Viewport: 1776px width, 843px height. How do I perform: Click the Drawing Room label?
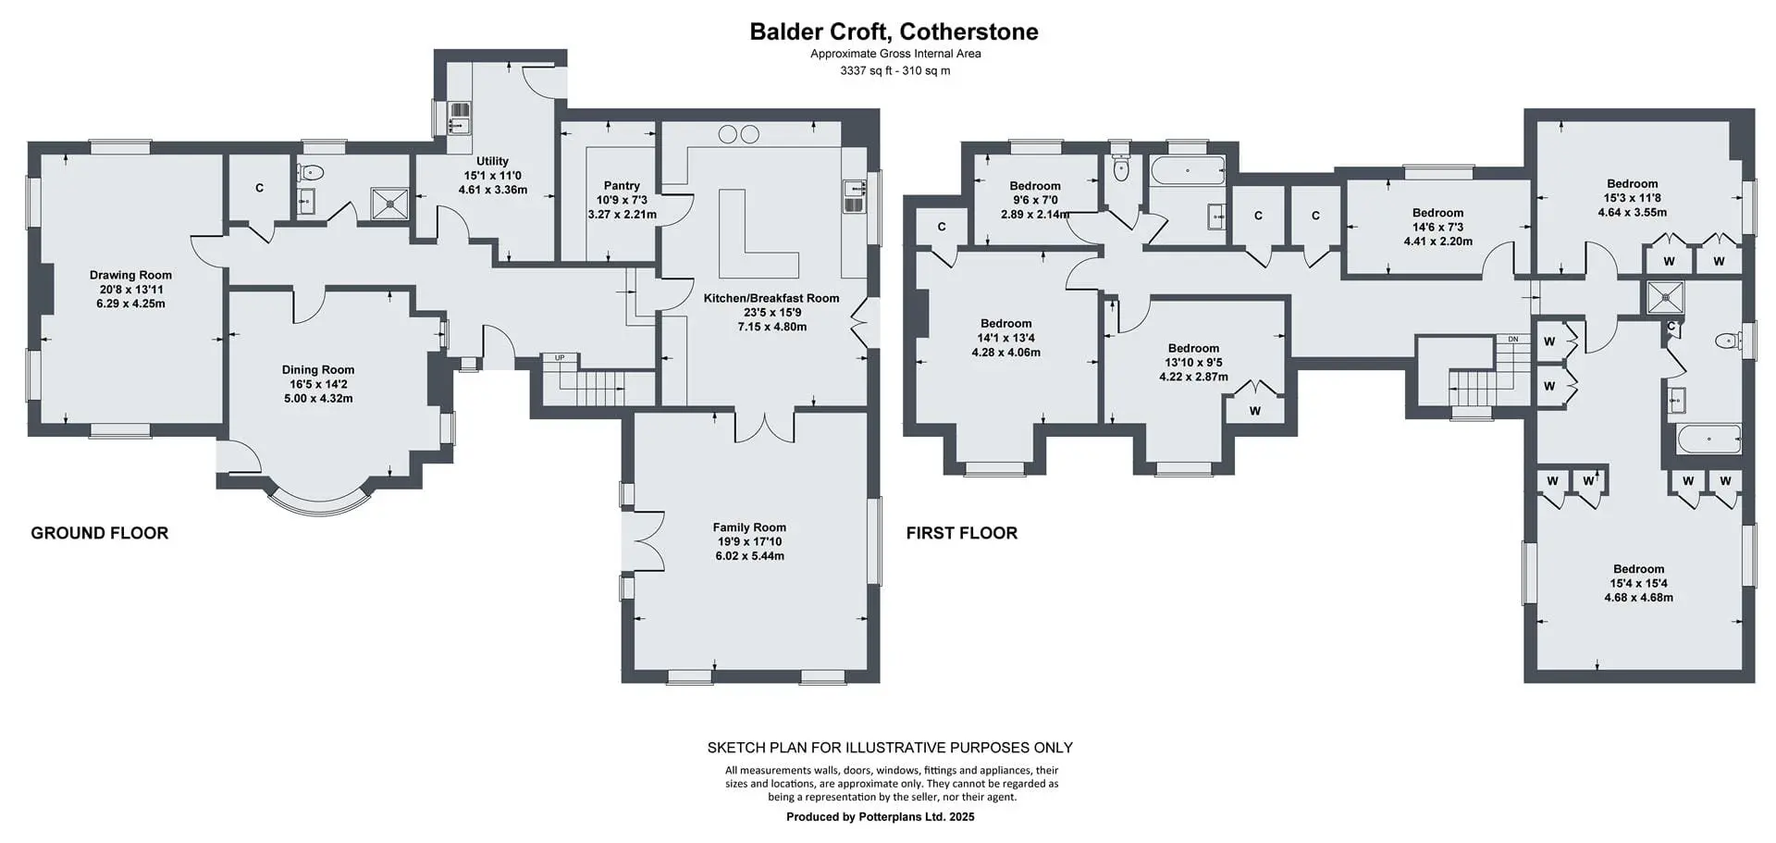(130, 275)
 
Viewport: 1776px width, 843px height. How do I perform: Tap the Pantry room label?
(622, 186)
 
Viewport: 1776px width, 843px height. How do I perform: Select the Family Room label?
(749, 527)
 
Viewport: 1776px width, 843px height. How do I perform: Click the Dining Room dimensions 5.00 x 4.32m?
(317, 399)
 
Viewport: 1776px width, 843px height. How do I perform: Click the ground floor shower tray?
(389, 203)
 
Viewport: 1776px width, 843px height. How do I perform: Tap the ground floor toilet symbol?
(312, 172)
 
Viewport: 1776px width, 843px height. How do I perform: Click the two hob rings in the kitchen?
(739, 135)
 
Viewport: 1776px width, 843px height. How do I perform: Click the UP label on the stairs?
(560, 357)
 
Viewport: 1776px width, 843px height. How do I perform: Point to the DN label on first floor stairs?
(1513, 340)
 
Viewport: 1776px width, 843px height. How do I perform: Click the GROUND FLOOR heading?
(100, 533)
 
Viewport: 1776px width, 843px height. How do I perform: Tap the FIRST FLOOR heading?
(962, 533)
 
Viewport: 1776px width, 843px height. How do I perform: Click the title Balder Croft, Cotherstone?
(894, 31)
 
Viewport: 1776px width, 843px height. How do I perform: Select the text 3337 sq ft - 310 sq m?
(894, 70)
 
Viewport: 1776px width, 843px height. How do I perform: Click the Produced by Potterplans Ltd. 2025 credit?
(881, 817)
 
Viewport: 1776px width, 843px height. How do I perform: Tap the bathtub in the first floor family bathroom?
(1188, 171)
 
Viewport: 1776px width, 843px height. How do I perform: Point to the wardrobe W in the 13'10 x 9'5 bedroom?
(1255, 411)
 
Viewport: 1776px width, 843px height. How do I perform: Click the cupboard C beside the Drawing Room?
(259, 188)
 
